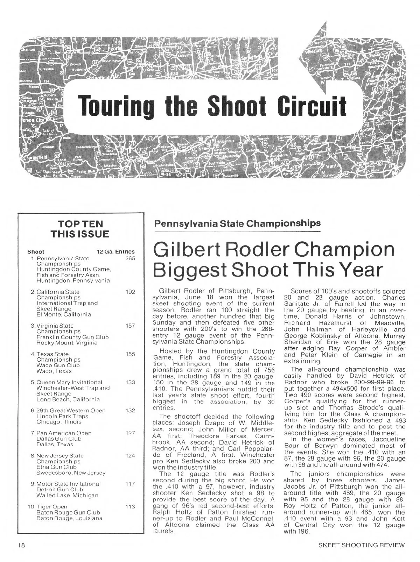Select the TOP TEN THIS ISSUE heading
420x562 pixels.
pos(80,229)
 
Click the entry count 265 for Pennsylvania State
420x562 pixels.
pos(130,258)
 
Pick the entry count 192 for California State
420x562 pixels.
pos(130,292)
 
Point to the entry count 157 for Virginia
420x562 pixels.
pos(130,326)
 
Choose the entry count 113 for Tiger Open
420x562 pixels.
pos(130,506)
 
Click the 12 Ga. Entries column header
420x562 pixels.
pos(115,251)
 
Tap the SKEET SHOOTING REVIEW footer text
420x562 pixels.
pos(362,545)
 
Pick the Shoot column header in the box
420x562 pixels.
pos(36,251)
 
